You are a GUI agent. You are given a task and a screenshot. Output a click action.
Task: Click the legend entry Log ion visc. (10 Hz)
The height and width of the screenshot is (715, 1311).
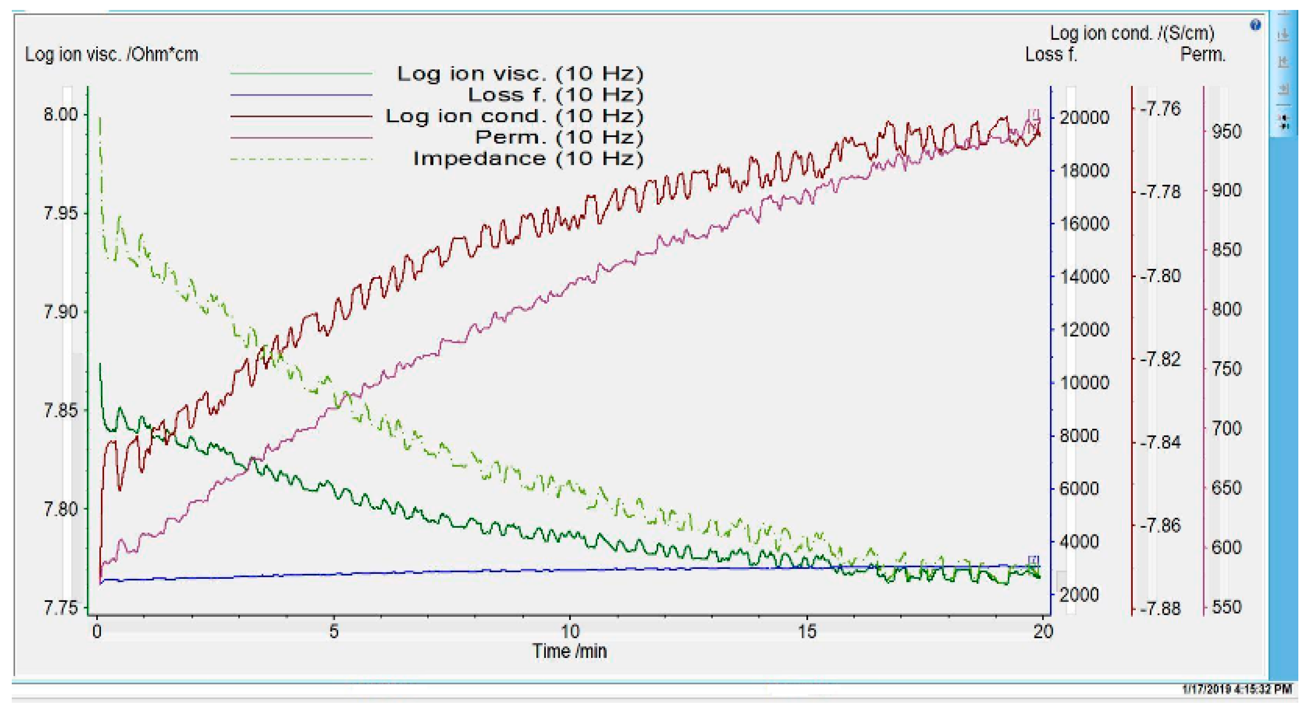[x=520, y=74]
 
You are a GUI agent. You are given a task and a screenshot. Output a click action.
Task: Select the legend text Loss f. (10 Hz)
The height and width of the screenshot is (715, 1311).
[x=555, y=95]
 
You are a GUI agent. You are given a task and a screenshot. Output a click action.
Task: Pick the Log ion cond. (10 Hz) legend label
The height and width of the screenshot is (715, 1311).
[x=514, y=116]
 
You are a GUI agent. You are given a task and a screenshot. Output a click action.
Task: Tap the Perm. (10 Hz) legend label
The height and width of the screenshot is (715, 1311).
[x=559, y=138]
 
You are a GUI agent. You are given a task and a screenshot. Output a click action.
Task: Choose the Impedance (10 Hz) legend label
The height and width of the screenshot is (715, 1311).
[x=528, y=159]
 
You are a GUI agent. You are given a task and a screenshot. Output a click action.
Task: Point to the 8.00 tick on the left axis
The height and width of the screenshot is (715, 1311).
[x=61, y=114]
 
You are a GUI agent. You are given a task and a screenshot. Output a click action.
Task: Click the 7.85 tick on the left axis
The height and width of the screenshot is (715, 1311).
[x=61, y=410]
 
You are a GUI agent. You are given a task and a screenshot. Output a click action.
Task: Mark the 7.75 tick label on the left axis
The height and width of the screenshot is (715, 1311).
[x=61, y=608]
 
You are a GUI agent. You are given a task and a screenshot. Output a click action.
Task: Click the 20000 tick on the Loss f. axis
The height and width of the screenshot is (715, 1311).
[x=1084, y=118]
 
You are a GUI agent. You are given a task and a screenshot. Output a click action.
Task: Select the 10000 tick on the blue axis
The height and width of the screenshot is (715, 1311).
[x=1084, y=383]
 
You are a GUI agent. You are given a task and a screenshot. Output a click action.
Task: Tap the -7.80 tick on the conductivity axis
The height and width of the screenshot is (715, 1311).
[x=1160, y=276]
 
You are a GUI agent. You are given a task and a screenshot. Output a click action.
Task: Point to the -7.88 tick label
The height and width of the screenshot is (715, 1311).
[x=1160, y=609]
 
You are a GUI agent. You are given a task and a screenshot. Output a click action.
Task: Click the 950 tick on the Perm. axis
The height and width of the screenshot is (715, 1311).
[x=1226, y=132]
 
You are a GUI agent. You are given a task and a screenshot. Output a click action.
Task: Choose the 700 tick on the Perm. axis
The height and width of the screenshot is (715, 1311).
[x=1226, y=429]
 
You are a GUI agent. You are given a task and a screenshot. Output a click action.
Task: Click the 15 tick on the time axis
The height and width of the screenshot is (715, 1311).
[x=807, y=632]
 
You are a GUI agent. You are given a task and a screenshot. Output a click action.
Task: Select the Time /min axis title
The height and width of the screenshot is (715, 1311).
[x=569, y=651]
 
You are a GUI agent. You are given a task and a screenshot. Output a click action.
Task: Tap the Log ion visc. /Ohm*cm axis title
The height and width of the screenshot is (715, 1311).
[x=111, y=54]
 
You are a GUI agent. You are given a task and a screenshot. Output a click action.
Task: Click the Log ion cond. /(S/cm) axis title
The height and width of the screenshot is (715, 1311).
[x=1132, y=33]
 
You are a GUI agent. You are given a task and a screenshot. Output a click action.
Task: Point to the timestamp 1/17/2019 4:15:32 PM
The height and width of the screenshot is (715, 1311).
[x=1237, y=690]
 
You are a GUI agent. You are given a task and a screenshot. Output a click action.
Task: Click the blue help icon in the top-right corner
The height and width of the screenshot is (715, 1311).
[x=1255, y=25]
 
